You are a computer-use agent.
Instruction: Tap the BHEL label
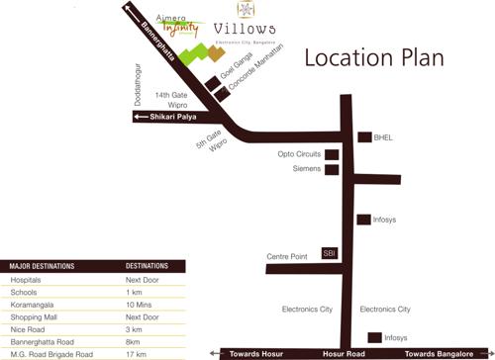tap(383, 137)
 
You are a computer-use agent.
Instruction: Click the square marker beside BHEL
tap(363, 137)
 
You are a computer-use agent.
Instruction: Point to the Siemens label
tap(307, 169)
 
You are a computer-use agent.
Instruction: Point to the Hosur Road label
tap(345, 353)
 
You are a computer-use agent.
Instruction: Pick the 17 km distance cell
tap(137, 353)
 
